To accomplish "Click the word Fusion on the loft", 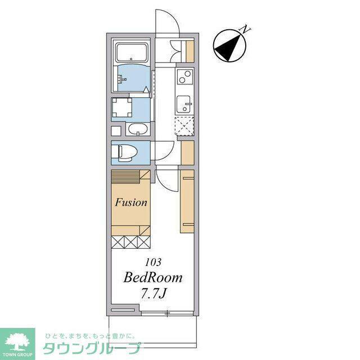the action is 131,202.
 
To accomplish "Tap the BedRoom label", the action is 153,277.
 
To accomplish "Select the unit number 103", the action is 153,262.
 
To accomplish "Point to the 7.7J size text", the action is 153,293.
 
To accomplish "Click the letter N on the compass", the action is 245,29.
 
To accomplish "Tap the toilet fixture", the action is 124,152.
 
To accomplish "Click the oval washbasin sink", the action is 137,129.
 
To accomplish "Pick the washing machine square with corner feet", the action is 121,107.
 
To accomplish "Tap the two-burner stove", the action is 185,76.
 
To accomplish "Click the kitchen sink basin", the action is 184,105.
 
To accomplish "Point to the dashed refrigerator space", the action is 184,126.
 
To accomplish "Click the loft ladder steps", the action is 125,177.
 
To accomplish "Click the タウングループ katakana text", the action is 92,349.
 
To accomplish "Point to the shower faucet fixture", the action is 121,79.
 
